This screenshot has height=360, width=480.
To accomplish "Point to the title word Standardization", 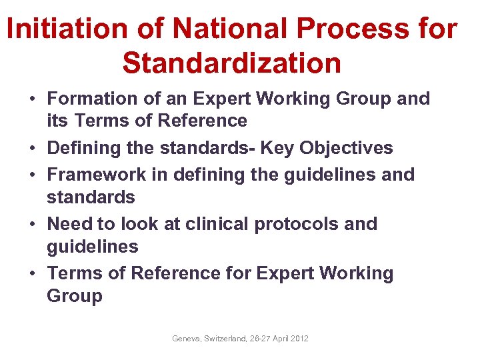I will pos(232,63).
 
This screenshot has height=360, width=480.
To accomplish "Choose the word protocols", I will pos(297,224).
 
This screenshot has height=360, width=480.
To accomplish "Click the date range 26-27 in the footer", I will pos(259,339).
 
